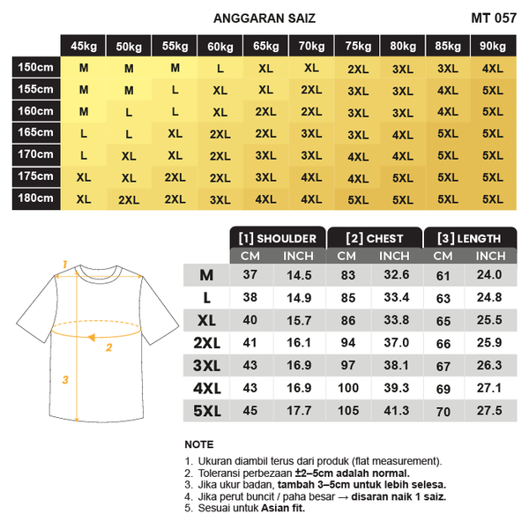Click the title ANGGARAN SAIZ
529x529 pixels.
(x=264, y=18)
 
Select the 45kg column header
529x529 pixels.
(x=84, y=46)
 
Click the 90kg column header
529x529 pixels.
(x=493, y=46)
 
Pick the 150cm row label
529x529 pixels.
(x=35, y=67)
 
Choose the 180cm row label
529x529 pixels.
(x=35, y=198)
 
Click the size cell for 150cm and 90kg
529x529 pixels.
(x=493, y=68)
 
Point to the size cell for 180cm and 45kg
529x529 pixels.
(x=84, y=199)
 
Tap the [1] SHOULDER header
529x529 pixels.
(x=277, y=238)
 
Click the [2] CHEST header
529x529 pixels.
(x=375, y=238)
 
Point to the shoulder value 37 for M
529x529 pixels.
(x=250, y=275)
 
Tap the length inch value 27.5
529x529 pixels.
(x=489, y=410)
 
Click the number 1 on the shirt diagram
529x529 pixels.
(x=64, y=263)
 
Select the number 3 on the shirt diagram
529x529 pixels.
(x=63, y=380)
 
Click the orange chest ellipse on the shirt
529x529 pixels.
(x=98, y=331)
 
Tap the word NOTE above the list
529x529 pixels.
(x=199, y=443)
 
